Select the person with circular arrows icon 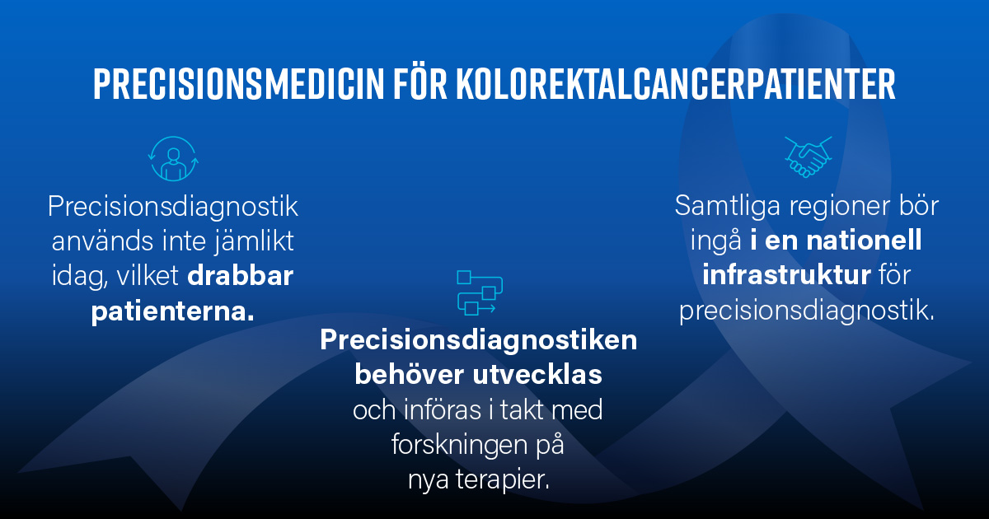coord(173,158)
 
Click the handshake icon coord(808,156)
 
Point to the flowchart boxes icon coord(479,292)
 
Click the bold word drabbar coord(241,276)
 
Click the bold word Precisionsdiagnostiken coord(479,339)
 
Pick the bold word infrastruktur coord(785,275)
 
